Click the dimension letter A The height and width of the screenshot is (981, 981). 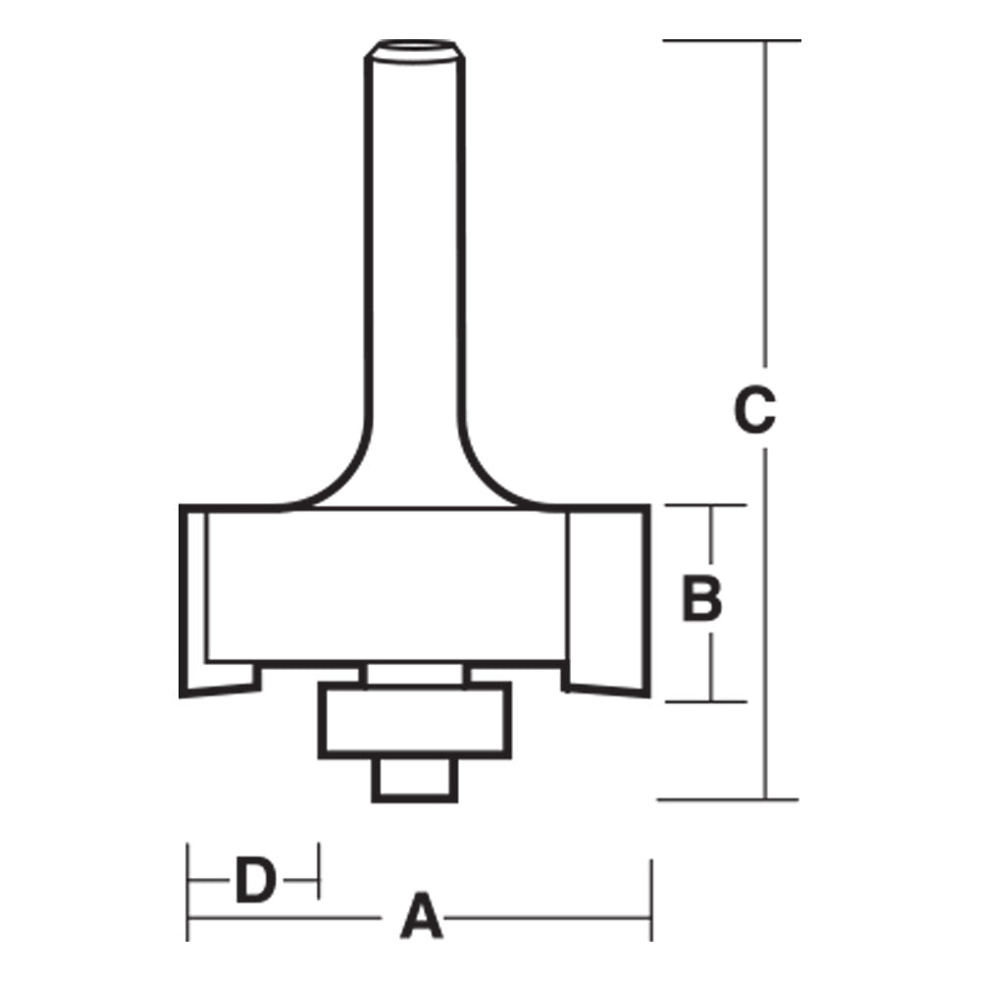(x=419, y=918)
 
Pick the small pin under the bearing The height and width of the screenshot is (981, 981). (x=414, y=779)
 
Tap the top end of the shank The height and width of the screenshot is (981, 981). (x=412, y=49)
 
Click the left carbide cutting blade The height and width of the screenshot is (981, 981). (x=194, y=598)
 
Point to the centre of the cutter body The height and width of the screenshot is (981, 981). (x=387, y=584)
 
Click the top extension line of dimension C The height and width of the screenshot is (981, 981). (x=731, y=40)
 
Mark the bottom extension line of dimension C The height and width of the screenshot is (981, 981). (x=727, y=800)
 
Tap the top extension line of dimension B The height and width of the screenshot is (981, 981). (x=706, y=506)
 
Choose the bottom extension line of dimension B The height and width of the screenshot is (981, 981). (x=706, y=701)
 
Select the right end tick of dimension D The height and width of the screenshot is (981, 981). (x=319, y=869)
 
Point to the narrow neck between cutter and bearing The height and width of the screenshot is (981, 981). (x=413, y=675)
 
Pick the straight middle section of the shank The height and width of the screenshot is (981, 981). (x=413, y=245)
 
